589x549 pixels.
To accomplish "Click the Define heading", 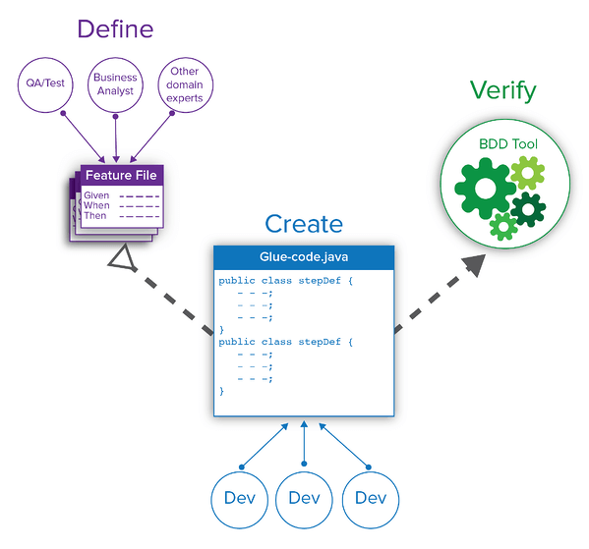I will tap(115, 27).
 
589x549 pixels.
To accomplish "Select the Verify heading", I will tap(502, 91).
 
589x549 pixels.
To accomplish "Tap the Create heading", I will tap(304, 224).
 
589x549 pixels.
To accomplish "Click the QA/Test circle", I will tap(46, 83).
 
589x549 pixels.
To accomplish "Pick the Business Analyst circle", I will tap(115, 83).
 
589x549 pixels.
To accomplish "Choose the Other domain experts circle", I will tap(185, 83).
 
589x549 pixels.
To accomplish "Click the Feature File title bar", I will tap(119, 176).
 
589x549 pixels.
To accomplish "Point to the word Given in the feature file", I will tap(96, 195).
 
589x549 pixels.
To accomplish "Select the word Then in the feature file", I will tap(94, 216).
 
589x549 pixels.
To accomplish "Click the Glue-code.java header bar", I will tap(304, 256).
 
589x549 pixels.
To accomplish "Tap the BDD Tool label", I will tap(508, 144).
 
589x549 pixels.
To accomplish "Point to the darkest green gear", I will tap(528, 209).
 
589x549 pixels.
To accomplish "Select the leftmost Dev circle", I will tap(238, 498).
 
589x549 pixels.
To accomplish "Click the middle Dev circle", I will tap(304, 498).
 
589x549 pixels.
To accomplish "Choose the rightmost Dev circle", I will tap(370, 498).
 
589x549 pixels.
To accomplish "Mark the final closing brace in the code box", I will tap(222, 391).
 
